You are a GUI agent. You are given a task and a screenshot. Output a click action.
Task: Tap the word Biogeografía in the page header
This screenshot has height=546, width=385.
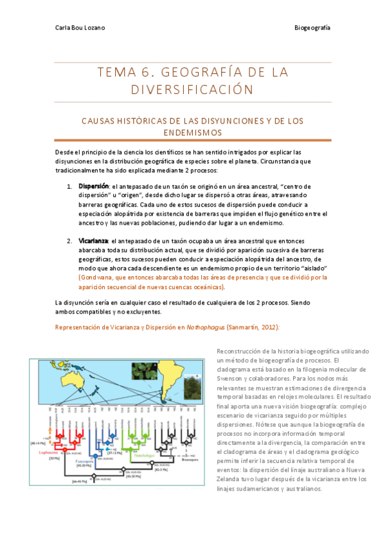(x=312, y=27)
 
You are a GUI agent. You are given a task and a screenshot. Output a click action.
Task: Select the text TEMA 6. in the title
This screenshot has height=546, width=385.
(x=118, y=71)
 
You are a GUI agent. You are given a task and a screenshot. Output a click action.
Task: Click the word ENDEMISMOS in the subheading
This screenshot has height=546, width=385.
(x=192, y=132)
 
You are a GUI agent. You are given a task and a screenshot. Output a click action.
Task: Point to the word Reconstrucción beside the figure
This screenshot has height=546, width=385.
(x=238, y=351)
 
